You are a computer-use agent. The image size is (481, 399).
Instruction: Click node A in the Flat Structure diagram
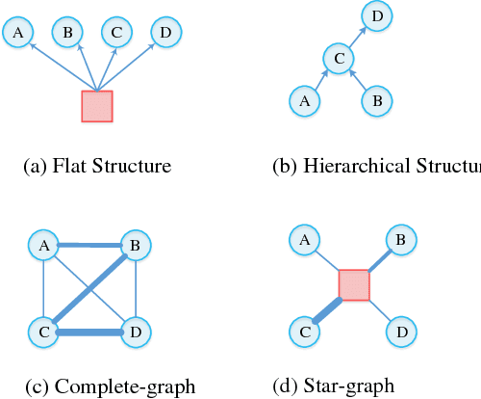[16, 34]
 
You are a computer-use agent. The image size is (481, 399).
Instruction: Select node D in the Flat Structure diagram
[166, 34]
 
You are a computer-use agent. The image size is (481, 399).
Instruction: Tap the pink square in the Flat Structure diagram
[97, 106]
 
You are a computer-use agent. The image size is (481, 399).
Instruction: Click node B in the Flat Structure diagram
[66, 34]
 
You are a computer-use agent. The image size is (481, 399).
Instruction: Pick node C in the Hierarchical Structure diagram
[338, 59]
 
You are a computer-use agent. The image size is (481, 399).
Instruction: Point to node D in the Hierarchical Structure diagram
[376, 15]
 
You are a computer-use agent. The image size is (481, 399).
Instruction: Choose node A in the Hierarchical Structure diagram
[304, 99]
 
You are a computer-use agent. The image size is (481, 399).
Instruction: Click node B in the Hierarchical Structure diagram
[376, 99]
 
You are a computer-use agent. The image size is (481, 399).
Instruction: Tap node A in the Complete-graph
[43, 247]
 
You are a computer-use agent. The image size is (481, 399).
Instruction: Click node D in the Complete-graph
[135, 332]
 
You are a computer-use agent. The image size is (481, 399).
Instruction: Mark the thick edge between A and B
[89, 246]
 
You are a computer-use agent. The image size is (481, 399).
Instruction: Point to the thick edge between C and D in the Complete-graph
[89, 332]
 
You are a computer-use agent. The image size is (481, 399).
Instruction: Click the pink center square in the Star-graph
[354, 285]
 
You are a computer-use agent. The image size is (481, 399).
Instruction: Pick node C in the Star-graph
[304, 332]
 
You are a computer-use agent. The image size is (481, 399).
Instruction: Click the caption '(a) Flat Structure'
[96, 166]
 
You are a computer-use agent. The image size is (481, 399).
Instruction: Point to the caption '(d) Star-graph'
[335, 386]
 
